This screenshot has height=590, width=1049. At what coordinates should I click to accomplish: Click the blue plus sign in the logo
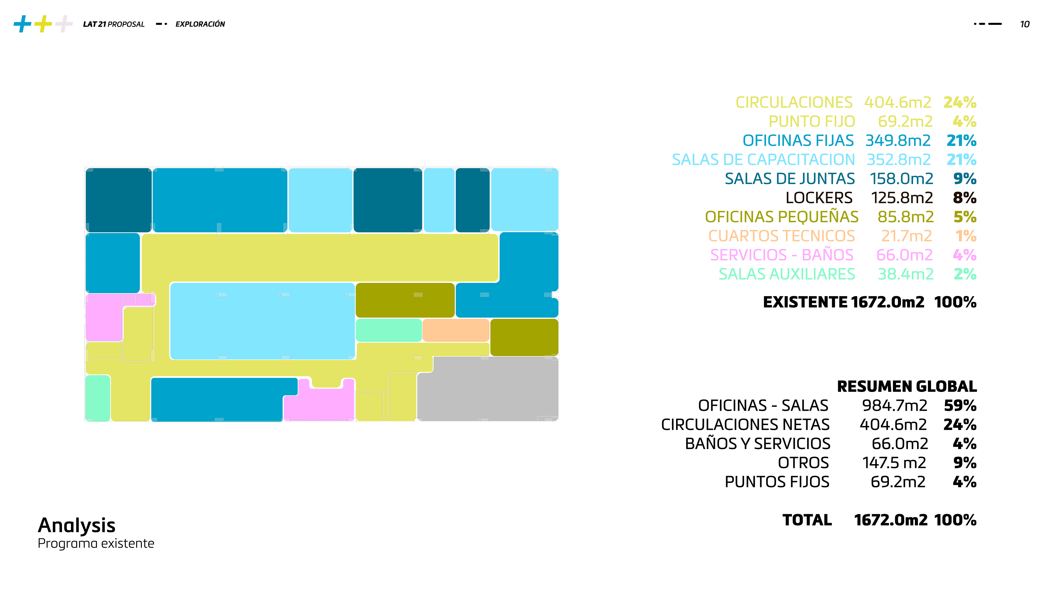(x=22, y=23)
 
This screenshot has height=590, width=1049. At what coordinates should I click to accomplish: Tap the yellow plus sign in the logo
(x=43, y=23)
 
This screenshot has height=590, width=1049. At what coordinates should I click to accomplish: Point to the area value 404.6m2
(x=897, y=102)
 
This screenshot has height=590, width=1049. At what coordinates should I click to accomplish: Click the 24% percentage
(x=960, y=102)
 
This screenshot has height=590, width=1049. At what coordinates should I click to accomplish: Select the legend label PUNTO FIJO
(x=812, y=121)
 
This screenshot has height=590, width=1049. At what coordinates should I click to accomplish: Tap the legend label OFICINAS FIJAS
(x=798, y=140)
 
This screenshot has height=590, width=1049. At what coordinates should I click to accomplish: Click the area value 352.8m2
(x=899, y=160)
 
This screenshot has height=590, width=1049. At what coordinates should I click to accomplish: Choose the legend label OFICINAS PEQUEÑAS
(x=782, y=217)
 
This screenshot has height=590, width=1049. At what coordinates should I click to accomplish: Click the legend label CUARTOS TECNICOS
(x=782, y=236)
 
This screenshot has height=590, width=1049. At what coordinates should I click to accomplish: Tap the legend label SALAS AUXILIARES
(x=787, y=275)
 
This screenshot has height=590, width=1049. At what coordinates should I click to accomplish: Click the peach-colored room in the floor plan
(x=456, y=330)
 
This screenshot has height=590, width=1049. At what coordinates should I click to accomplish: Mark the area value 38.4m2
(x=906, y=275)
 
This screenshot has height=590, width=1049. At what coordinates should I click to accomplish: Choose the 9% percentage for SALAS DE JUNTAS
(x=965, y=179)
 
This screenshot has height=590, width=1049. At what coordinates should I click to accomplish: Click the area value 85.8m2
(x=906, y=217)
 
